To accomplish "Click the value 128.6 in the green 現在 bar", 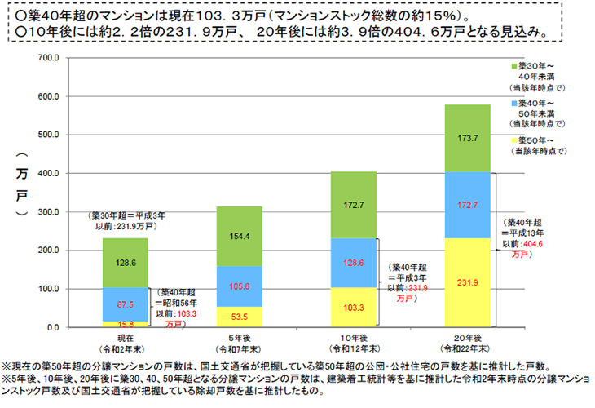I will [125, 264].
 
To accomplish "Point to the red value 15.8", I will [125, 324].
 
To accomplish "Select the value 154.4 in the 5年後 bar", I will [239, 236].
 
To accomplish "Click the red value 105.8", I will [239, 286].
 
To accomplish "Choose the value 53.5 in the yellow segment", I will [239, 317].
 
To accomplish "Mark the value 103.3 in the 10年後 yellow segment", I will [353, 308].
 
